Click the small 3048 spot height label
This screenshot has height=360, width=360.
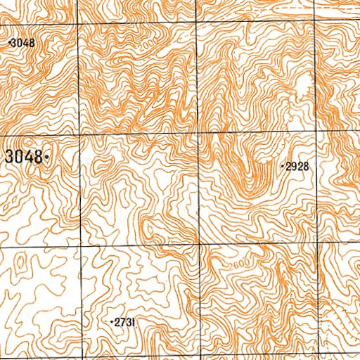coord(22,43)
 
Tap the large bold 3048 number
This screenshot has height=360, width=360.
coord(23,157)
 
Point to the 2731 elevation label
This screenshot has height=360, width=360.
coord(125,321)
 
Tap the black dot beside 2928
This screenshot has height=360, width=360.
coord(282,167)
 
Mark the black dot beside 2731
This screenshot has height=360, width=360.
coord(112,321)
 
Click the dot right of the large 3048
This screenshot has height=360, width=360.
coord(46,157)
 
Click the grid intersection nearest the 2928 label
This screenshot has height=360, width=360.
coord(318,133)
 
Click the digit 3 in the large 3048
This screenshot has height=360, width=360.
coord(9,157)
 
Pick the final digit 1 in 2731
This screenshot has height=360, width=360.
coord(133,321)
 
